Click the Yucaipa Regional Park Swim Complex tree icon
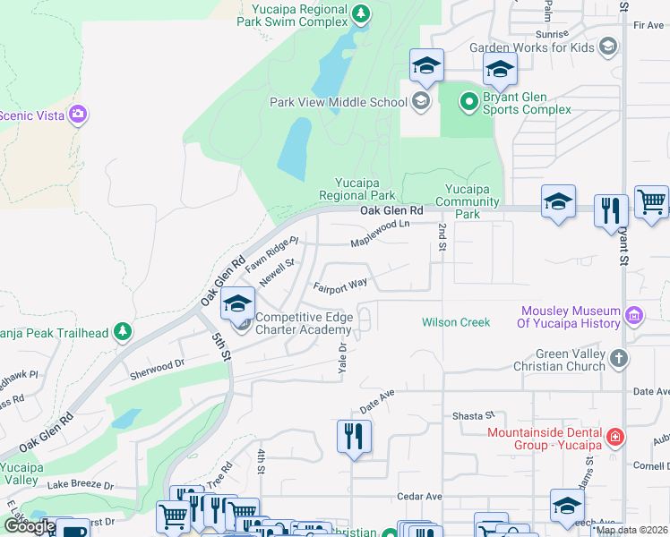pos(360,13)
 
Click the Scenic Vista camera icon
pos(78,114)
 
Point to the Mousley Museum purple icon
pos(634,315)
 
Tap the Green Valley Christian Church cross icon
pos(618,360)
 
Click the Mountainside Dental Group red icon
pos(614,438)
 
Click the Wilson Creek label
pos(456,322)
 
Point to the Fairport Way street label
pos(340,286)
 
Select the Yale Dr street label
pos(342,355)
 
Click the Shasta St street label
pos(472,415)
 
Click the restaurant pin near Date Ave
pos(354,437)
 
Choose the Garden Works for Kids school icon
pos(608,47)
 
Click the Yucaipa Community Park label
pos(472,201)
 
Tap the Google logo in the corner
pos(29,526)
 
